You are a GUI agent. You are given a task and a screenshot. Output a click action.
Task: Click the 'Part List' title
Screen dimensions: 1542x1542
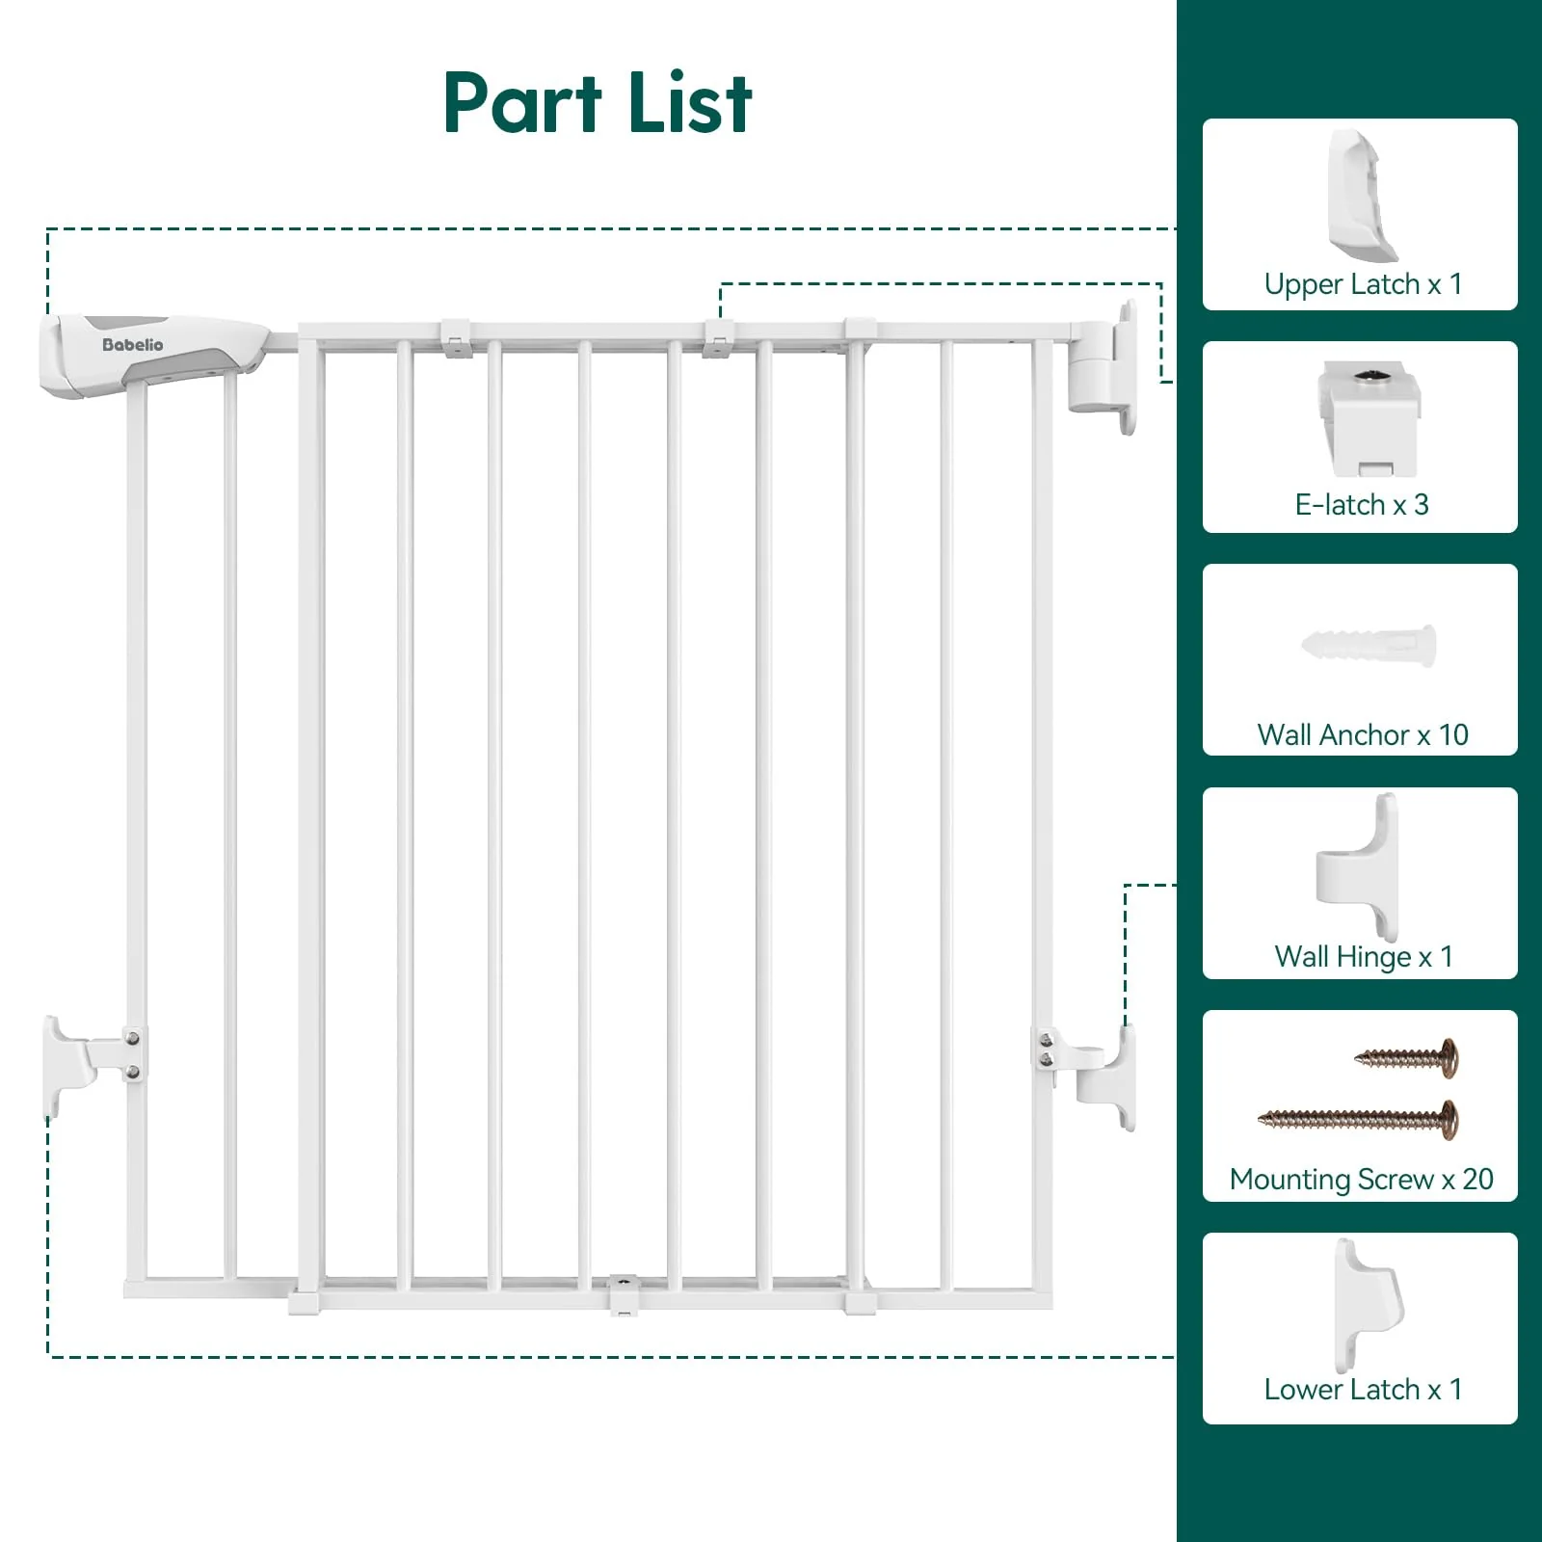(598, 102)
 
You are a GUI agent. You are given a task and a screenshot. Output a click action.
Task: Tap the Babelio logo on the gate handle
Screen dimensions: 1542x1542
(132, 345)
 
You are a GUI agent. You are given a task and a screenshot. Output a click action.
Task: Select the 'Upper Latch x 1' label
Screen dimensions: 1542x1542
(1362, 284)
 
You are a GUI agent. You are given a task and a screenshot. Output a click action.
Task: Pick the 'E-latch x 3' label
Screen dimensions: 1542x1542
(1361, 505)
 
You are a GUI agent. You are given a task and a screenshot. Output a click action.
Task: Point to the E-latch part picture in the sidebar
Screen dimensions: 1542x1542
(1369, 418)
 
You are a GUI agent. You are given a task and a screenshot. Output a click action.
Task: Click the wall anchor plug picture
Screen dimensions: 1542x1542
(1369, 645)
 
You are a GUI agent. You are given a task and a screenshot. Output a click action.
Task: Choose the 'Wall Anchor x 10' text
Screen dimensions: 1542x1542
(1362, 735)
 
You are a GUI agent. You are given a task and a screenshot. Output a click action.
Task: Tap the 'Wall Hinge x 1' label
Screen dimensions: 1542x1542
(1362, 957)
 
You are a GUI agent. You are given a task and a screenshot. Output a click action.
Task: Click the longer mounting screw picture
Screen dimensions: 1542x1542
(1359, 1119)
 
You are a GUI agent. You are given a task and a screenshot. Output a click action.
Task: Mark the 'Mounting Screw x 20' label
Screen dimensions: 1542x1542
(1361, 1180)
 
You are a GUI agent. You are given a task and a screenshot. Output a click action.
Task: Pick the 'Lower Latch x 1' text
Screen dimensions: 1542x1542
(1362, 1390)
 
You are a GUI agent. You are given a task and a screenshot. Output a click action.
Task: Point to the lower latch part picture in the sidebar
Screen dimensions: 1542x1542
(1368, 1305)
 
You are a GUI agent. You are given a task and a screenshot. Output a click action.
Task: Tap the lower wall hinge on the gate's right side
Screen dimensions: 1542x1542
(1104, 1075)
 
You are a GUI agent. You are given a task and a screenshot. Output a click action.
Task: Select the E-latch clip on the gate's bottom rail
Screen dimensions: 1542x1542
(624, 1293)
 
